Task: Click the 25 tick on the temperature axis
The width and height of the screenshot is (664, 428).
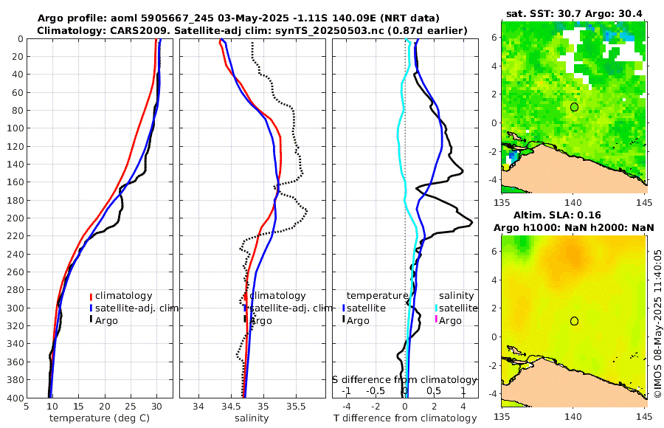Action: point(131,407)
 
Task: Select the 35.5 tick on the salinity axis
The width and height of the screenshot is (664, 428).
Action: point(295,407)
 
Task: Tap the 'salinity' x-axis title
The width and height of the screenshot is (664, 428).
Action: point(252,418)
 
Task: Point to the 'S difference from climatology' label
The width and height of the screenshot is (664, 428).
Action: point(404,379)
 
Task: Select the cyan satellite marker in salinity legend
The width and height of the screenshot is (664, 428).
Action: point(436,308)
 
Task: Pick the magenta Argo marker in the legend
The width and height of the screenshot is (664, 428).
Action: point(436,320)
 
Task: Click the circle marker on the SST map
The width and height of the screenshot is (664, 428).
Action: point(574,107)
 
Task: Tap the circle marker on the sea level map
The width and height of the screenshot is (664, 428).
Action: point(574,321)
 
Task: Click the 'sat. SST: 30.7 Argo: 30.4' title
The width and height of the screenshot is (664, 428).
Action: point(573,13)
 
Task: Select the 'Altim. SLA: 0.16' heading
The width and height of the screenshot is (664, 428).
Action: point(573,214)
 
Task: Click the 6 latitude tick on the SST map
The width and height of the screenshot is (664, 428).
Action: point(493,37)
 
